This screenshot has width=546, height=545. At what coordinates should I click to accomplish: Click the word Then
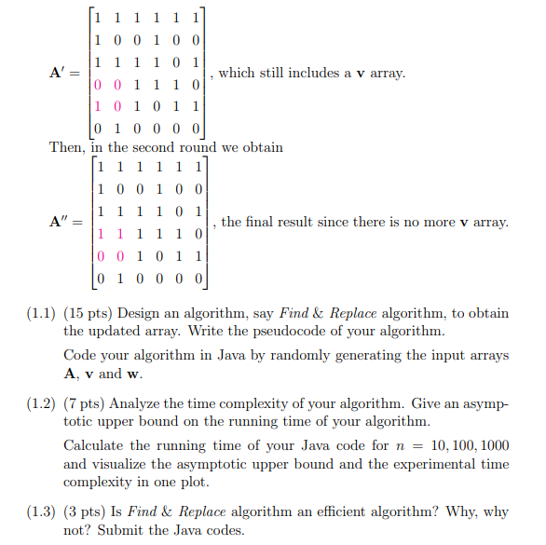65,147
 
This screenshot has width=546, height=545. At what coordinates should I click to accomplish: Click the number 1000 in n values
492,446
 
